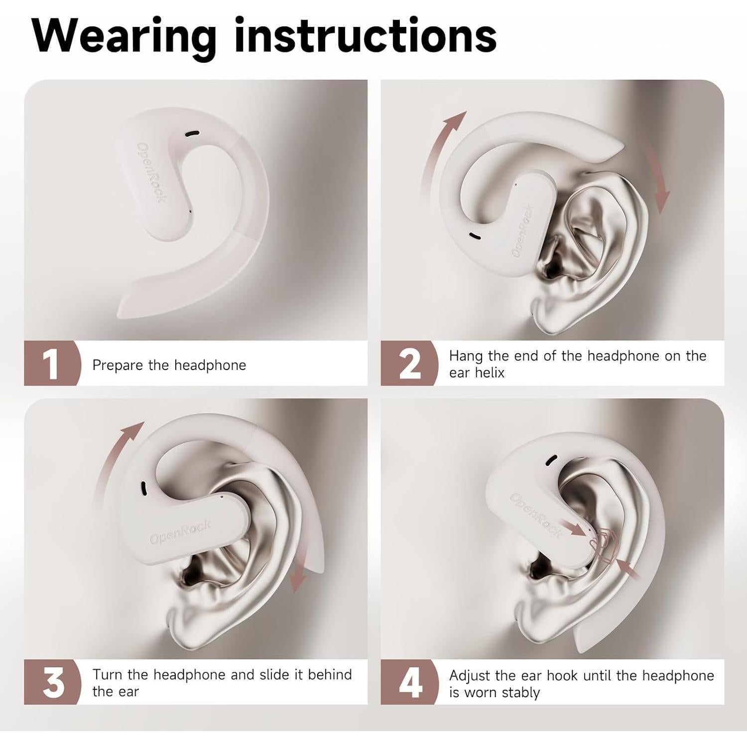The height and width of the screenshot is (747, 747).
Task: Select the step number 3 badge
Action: coord(53,682)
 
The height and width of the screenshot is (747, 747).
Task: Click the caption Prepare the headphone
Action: coord(169,365)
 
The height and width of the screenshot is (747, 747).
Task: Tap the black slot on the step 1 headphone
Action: coord(193,134)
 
